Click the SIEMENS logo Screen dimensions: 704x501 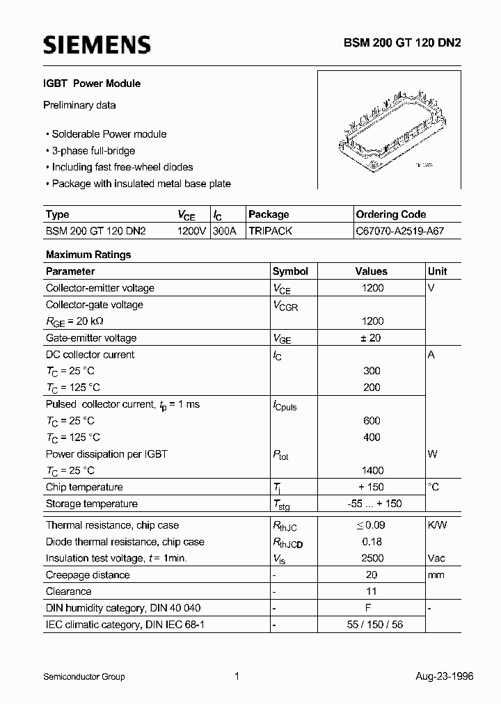click(97, 45)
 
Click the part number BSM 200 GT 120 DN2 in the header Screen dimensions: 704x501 click(401, 42)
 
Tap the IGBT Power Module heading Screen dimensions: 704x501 click(93, 83)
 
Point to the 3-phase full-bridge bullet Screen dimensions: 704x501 click(93, 150)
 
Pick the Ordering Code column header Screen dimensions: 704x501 click(391, 214)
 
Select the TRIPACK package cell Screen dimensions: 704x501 click(271, 231)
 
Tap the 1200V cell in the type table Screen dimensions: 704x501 click(191, 231)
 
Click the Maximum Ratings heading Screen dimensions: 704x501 click(88, 255)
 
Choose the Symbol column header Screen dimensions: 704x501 click(290, 271)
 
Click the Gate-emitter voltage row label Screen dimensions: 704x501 click(91, 338)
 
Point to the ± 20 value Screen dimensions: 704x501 click(372, 338)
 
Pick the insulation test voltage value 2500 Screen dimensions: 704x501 click(372, 558)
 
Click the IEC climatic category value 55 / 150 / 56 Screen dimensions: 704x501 click(372, 624)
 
